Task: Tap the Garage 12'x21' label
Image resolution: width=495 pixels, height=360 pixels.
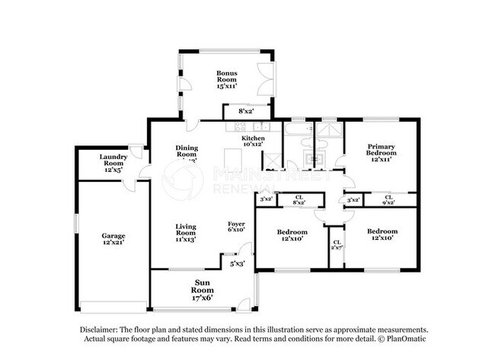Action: coord(113,240)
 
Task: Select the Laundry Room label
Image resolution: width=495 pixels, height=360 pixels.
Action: coord(113,164)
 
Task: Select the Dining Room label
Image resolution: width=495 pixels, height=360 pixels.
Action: coord(186,152)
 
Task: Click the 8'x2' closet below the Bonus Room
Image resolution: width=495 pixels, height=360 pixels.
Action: coord(246,111)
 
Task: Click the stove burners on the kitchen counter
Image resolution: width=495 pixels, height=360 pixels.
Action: coord(261,126)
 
